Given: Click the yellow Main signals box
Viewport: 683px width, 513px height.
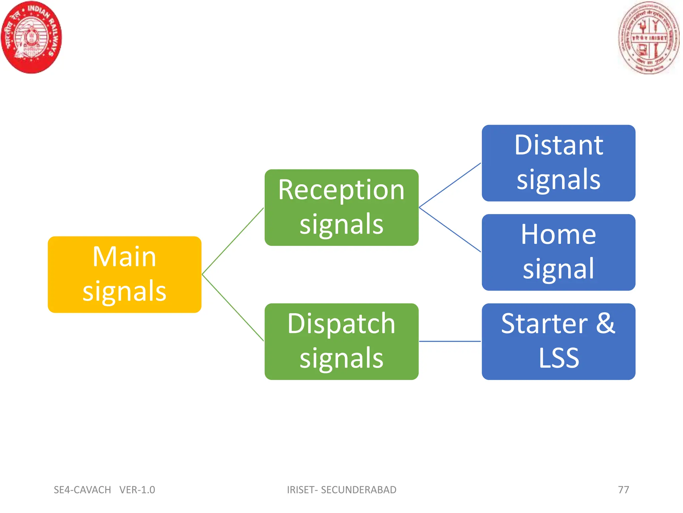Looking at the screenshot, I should coord(124,275).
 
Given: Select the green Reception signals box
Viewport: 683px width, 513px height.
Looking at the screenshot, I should coord(341,207).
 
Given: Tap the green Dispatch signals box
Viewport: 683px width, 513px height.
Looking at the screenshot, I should coord(341,341).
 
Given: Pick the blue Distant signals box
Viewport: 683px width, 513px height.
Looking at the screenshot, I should coord(558,163).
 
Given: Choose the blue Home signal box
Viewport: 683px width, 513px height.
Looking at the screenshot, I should coord(558,252).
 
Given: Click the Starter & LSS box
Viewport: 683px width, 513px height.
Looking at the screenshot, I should coord(558,341).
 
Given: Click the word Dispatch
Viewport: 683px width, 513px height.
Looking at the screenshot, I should coord(341,324).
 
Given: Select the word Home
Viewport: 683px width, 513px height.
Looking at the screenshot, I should coord(558,234).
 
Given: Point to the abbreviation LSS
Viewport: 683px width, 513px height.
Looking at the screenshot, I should coord(559,358).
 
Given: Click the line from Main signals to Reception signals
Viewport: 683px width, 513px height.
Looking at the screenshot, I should coord(233,241).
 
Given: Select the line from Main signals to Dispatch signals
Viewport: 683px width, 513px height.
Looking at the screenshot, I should coord(233,308).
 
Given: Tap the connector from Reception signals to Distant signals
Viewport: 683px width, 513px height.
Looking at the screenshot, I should coord(450,185).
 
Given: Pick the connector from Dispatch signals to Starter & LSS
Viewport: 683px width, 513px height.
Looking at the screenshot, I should coord(450,341).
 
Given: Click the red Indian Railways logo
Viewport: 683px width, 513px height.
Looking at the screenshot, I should coord(31,37).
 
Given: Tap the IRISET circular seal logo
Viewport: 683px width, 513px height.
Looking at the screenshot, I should coord(648,38).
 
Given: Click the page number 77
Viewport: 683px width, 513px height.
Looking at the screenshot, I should coord(623,490).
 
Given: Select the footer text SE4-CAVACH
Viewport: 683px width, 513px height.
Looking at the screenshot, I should coord(82,490).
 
